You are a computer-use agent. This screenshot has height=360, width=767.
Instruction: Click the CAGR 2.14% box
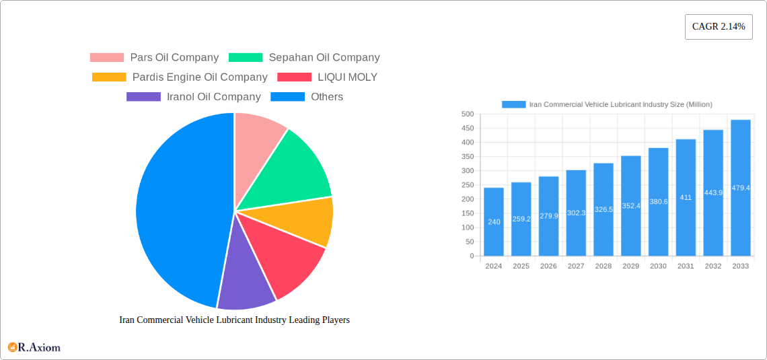coord(718,27)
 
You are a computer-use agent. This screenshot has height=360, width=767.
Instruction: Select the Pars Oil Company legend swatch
coord(107,58)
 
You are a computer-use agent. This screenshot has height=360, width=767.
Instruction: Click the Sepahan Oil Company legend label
coord(324,58)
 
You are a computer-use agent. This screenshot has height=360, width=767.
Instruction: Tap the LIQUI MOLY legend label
coord(347,77)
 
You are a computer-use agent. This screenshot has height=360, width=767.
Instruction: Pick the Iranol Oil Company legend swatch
coord(143,97)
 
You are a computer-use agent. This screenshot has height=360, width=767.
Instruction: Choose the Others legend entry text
coord(326,97)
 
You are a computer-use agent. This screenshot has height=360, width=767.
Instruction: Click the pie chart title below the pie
coord(234,320)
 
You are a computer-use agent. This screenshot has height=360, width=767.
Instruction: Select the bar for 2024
coord(494,222)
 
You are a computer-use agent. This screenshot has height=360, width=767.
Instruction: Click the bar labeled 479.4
coord(740,188)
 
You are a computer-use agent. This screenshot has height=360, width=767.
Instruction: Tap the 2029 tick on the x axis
coord(630,266)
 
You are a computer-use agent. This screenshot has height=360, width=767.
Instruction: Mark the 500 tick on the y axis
coord(467,114)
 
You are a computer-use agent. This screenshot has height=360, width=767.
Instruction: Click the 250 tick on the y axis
coord(467,185)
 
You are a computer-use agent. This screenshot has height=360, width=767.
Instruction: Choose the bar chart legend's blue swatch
coord(513,104)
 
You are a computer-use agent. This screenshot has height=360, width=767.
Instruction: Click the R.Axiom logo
coord(34,347)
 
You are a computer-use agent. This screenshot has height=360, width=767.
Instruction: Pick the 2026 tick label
coord(548,266)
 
